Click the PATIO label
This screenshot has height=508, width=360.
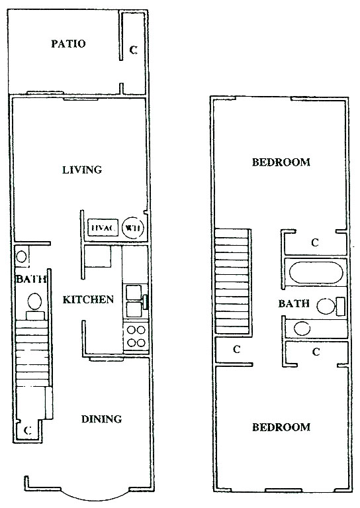(68, 44)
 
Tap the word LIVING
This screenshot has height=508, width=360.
(82, 170)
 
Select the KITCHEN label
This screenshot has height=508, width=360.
(88, 299)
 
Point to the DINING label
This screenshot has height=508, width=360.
(101, 419)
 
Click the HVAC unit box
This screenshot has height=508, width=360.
(103, 228)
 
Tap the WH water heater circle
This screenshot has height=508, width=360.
(133, 228)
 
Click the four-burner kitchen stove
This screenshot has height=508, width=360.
(136, 336)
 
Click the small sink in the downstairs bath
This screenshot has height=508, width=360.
(22, 256)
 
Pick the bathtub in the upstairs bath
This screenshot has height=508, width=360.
(316, 272)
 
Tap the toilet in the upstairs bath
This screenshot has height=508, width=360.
(330, 306)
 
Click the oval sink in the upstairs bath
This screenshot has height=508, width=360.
(302, 329)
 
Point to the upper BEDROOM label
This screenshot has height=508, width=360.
(281, 162)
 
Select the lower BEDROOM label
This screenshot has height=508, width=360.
(281, 427)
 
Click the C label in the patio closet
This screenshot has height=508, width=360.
(134, 50)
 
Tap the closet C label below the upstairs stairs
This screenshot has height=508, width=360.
(237, 349)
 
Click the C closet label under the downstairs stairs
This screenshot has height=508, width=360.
(28, 431)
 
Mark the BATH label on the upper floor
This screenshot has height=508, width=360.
(294, 303)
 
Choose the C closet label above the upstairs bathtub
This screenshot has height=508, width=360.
(315, 242)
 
